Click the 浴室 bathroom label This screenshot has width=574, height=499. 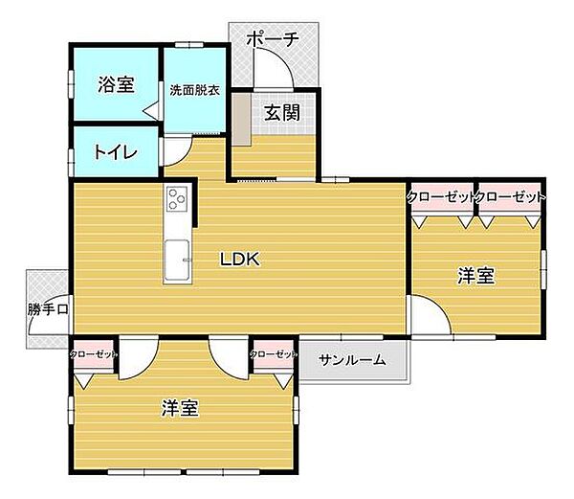(x=116, y=84)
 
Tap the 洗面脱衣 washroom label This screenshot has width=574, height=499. (x=194, y=90)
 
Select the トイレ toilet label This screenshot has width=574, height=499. (x=116, y=152)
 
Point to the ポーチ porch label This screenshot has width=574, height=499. (x=273, y=39)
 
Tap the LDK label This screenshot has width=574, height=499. (x=240, y=258)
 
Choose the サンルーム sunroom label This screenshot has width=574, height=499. (x=353, y=360)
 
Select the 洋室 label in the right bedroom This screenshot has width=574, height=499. (x=475, y=276)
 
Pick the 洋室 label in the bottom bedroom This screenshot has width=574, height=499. (x=180, y=408)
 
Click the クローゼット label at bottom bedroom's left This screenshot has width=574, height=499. (x=94, y=354)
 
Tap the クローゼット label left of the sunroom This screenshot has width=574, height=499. (x=273, y=354)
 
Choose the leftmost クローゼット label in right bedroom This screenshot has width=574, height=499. (x=441, y=196)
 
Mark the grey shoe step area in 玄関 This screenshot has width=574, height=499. (x=240, y=119)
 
